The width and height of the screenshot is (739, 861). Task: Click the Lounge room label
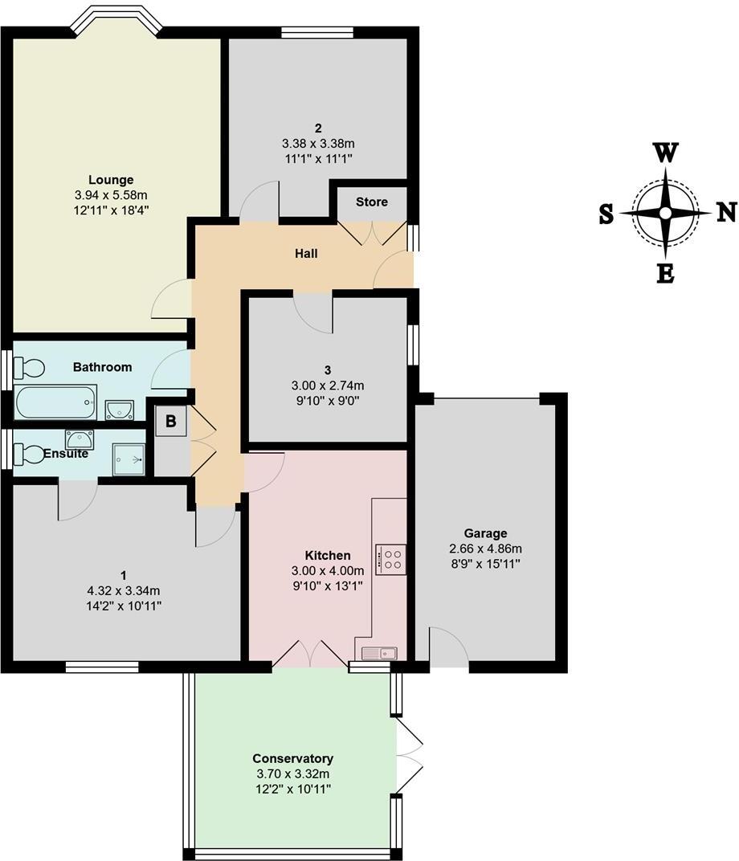tap(111, 180)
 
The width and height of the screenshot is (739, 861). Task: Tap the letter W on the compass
tap(665, 153)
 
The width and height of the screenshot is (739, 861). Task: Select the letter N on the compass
tap(726, 212)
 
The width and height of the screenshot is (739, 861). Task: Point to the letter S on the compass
tap(606, 214)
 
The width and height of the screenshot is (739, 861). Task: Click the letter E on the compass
tap(665, 274)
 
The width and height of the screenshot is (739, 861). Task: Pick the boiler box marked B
tap(171, 420)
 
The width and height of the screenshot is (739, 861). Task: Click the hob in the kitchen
tap(390, 558)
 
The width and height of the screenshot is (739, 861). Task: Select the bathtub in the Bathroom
tap(55, 402)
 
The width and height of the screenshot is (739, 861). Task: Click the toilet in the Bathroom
tap(31, 369)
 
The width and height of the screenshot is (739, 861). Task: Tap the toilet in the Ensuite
tap(31, 455)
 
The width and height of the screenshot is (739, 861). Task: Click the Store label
tap(371, 202)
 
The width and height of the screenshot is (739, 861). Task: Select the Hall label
tap(305, 254)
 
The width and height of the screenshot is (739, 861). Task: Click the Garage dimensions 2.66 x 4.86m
tap(485, 549)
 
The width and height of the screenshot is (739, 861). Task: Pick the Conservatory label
tap(292, 758)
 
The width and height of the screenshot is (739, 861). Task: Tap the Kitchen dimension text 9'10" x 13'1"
tap(327, 586)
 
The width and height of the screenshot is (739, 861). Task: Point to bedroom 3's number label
tap(328, 370)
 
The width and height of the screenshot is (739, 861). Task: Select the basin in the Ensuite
tap(79, 439)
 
